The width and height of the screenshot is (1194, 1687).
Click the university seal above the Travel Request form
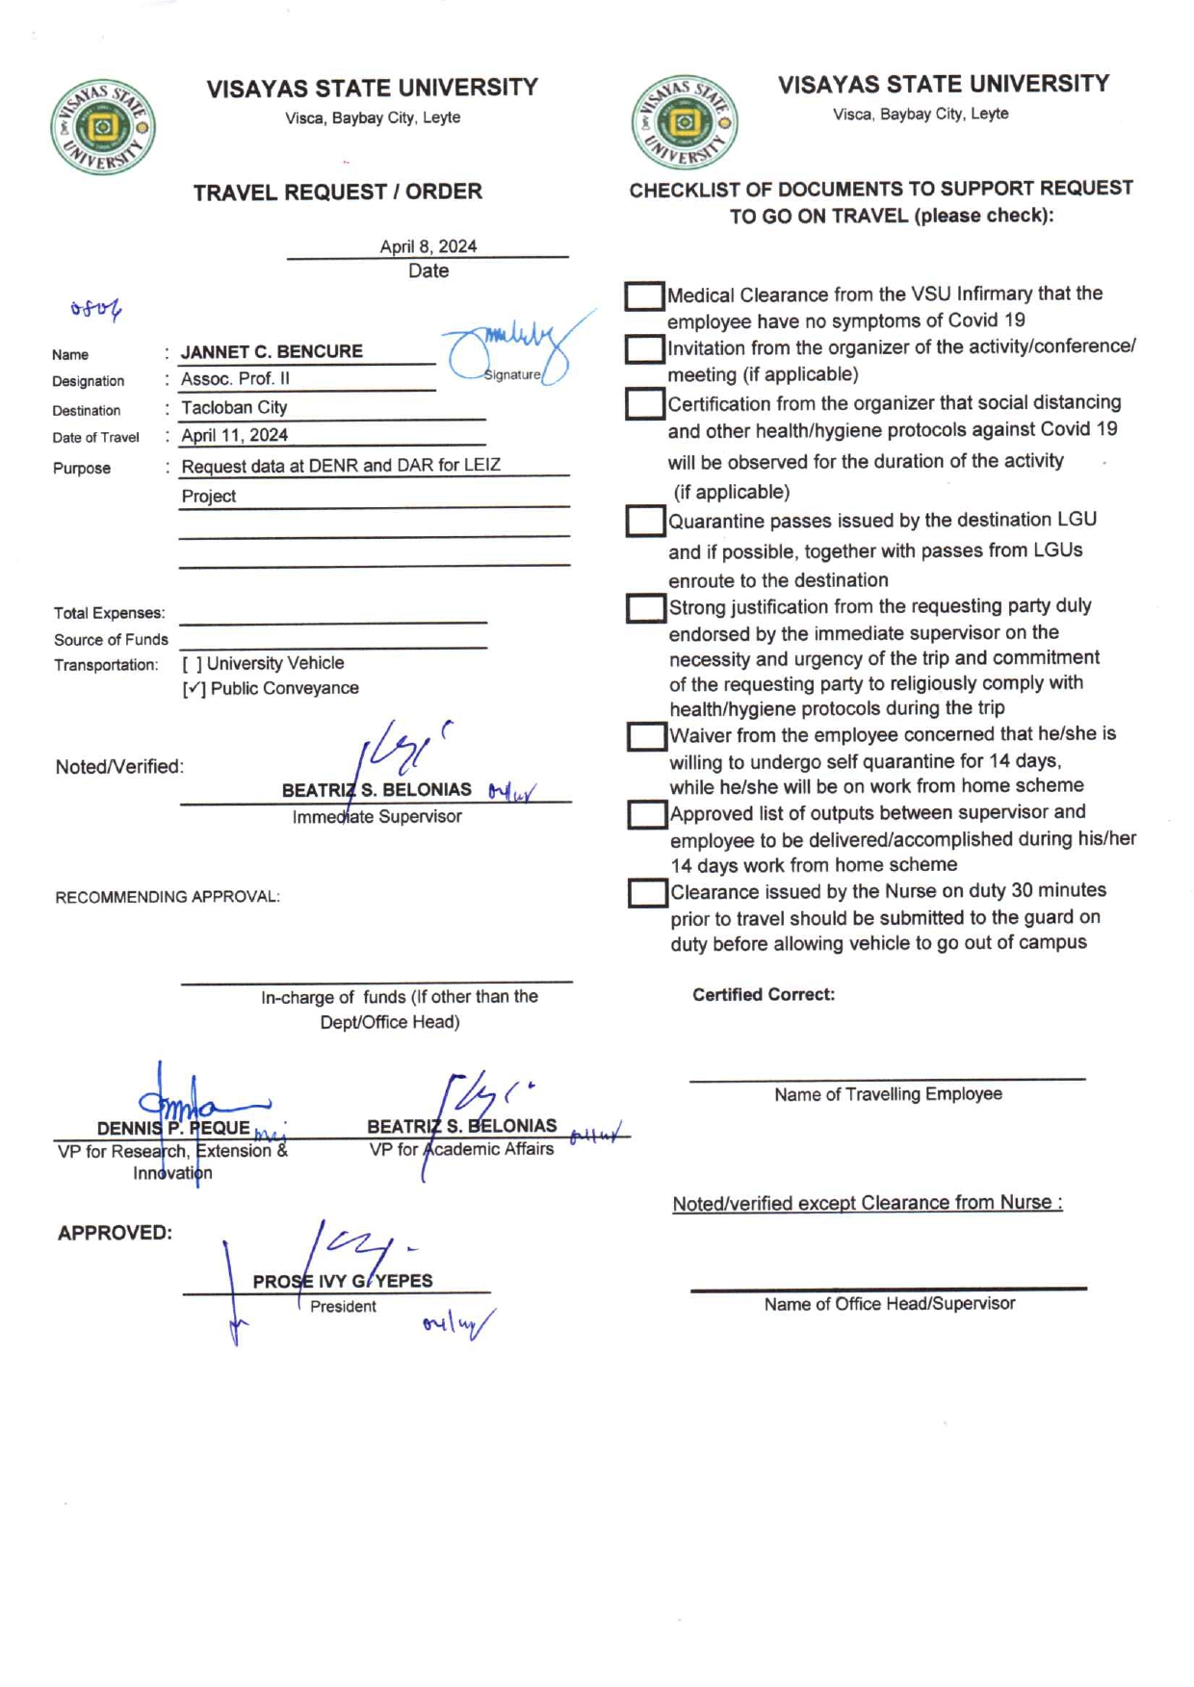(x=103, y=127)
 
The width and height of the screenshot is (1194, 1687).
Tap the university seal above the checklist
(x=685, y=122)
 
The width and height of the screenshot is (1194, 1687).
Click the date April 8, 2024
(x=428, y=246)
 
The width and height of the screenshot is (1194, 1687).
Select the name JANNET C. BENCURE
(x=272, y=351)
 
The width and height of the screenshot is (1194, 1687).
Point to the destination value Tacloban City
(x=234, y=407)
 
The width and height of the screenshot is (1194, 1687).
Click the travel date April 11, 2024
(x=234, y=435)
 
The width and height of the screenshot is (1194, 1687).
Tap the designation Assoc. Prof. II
(x=235, y=378)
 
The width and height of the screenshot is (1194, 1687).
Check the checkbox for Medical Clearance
(x=643, y=295)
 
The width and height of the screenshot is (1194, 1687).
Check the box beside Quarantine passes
(x=645, y=521)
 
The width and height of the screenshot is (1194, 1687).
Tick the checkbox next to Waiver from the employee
(x=646, y=736)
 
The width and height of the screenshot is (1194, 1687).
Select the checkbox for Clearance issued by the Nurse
(x=647, y=892)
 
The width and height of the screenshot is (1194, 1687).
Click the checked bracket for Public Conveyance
(x=195, y=689)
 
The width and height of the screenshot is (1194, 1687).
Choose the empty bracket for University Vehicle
(x=193, y=664)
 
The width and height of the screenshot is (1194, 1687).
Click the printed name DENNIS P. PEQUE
(x=173, y=1128)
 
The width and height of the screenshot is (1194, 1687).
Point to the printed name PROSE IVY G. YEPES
(x=343, y=1281)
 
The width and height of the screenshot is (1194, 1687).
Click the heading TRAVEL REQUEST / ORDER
(x=337, y=192)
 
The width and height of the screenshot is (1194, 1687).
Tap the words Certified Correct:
(x=764, y=994)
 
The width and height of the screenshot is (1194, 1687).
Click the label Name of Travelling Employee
(x=888, y=1094)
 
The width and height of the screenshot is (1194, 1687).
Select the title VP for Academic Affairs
(x=461, y=1149)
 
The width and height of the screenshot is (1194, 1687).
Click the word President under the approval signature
(x=343, y=1306)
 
